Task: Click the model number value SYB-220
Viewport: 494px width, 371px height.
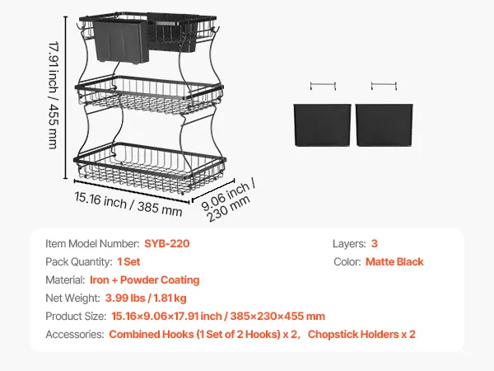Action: click(167, 243)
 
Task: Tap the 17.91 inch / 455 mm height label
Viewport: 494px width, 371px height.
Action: click(54, 95)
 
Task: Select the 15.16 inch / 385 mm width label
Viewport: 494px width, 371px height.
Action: click(128, 204)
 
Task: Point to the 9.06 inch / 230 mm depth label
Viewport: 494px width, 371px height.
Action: click(228, 200)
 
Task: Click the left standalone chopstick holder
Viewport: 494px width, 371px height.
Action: click(322, 125)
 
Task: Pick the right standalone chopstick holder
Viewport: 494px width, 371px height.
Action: click(384, 125)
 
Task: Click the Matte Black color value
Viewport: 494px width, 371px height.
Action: click(394, 262)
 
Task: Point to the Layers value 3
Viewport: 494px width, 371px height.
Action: click(375, 243)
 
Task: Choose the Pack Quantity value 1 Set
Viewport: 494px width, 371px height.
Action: click(128, 262)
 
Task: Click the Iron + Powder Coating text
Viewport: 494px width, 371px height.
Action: click(145, 279)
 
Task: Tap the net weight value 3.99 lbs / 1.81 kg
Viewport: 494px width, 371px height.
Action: click(146, 298)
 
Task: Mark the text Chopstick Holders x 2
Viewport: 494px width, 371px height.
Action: click(361, 335)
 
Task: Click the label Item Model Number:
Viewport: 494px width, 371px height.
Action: click(92, 243)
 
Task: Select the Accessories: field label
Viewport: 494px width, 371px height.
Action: click(75, 335)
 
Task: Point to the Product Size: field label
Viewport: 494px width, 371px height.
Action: click(76, 316)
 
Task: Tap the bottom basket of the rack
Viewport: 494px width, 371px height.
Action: click(150, 169)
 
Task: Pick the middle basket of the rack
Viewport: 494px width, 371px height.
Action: click(149, 94)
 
